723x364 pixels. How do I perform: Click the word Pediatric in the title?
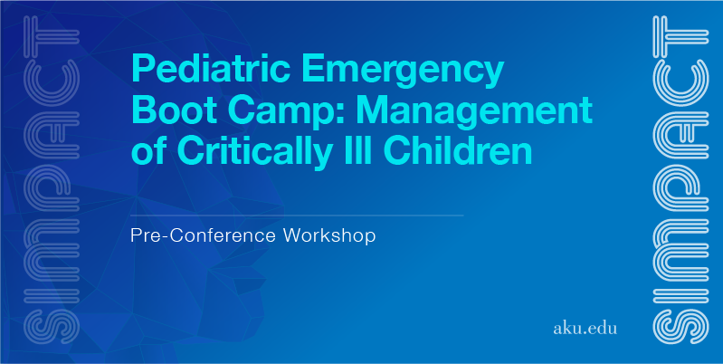[x=211, y=68]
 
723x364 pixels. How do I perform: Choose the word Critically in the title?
[x=254, y=153]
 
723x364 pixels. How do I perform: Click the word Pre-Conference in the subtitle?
[x=204, y=235]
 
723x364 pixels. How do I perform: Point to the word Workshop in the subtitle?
[x=329, y=235]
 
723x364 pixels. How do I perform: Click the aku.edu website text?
[x=585, y=329]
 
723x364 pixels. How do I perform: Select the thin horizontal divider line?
[x=297, y=216]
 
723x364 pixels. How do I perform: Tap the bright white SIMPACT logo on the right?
[x=680, y=180]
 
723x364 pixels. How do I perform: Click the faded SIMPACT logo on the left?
[x=52, y=180]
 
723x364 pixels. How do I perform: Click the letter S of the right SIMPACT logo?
[x=680, y=327]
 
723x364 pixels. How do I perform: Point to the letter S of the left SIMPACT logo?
[x=52, y=327]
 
